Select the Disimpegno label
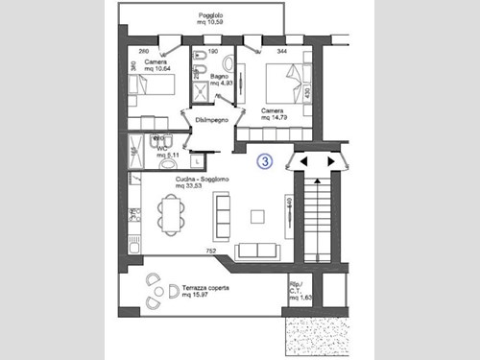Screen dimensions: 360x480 pos(211,119)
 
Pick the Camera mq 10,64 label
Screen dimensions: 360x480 pos(157,65)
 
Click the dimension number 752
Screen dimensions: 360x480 pos(210,250)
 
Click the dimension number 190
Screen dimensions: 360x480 pos(214,49)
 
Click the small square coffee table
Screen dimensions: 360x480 pos(256,216)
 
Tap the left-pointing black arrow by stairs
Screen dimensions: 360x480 pos(304,161)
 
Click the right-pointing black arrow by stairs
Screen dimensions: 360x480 pos(332,161)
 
